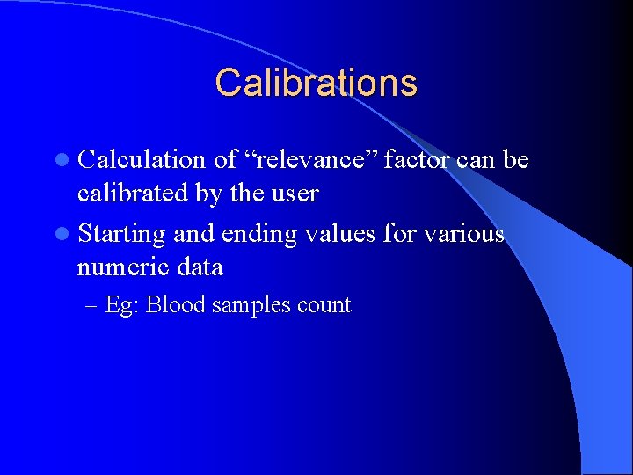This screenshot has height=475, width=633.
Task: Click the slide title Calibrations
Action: click(316, 83)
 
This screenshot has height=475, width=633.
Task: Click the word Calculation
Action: click(141, 160)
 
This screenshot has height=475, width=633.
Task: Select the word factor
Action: click(407, 160)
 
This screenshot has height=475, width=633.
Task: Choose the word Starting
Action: click(121, 235)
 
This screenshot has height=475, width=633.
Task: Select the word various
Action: click(462, 235)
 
